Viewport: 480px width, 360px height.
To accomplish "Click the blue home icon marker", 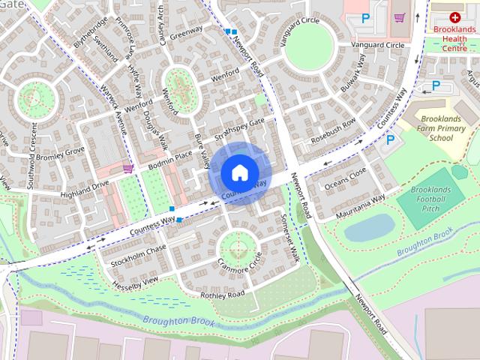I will coord(238,172).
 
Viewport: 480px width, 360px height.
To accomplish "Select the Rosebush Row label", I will coord(333,132).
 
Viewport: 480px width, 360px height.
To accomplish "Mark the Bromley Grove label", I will coord(60,155).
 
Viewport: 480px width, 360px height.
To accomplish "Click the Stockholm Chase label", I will coord(138,256).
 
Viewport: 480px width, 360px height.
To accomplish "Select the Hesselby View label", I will coord(136,281).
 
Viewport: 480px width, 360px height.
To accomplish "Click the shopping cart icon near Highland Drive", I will coord(128,169).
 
